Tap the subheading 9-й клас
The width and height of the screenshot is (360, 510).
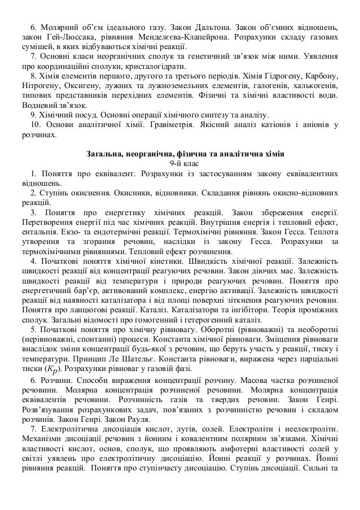tap(185, 164)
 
